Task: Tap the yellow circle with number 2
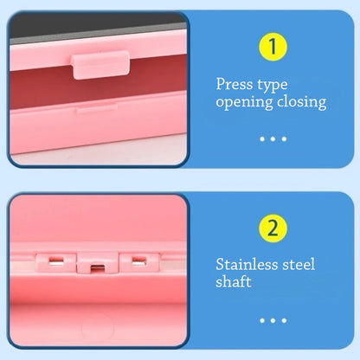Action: (273, 228)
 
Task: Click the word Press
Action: (234, 85)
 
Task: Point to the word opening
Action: (245, 103)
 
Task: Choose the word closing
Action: (303, 102)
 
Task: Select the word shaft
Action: (234, 282)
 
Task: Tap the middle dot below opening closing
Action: (273, 138)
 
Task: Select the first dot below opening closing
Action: (261, 138)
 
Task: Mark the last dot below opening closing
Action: (284, 138)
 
